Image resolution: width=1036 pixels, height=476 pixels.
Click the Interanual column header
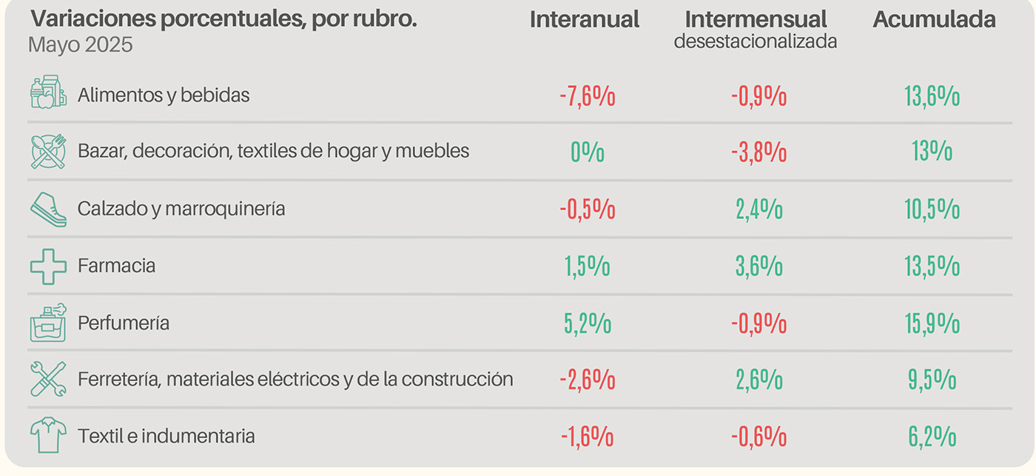584,20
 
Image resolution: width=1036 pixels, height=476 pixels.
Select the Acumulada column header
934,20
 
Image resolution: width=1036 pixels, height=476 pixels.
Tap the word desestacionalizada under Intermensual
755,41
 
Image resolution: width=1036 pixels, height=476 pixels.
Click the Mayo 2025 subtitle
81,44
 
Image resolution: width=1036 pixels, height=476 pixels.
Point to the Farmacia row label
116,266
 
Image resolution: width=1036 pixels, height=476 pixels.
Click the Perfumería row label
124,324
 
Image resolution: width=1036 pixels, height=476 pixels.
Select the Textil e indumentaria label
166,436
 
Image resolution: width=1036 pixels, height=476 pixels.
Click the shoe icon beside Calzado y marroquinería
48,209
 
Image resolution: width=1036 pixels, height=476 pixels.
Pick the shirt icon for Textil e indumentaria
48,435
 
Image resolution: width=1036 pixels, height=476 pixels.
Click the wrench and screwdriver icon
48,379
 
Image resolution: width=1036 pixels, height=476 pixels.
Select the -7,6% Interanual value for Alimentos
588,97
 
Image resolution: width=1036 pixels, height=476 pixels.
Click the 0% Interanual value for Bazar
588,152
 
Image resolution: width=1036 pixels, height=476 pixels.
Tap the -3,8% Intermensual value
759,152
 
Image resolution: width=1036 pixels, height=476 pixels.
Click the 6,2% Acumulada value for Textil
932,437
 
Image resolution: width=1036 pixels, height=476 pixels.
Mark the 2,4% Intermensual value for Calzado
759,209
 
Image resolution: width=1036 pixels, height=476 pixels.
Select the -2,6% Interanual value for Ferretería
588,380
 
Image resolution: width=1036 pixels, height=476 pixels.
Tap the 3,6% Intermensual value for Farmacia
759,267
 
